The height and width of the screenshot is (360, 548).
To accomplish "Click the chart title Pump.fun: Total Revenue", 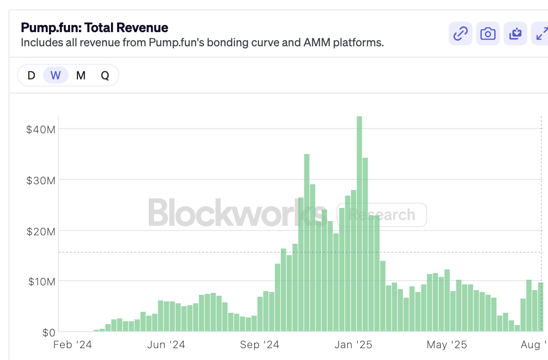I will [94, 28].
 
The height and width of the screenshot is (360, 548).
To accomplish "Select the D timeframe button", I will [31, 76].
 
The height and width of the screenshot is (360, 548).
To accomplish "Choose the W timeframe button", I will [56, 76].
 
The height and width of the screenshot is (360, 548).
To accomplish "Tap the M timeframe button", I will [81, 76].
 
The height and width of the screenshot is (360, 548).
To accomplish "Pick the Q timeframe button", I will [105, 76].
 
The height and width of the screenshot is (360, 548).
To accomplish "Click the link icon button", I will [460, 34].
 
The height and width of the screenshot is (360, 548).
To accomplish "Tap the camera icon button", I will [488, 34].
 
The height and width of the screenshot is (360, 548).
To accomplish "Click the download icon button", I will [515, 34].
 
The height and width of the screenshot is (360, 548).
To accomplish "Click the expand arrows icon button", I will [540, 34].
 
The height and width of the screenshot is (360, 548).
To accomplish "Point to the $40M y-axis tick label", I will [41, 129].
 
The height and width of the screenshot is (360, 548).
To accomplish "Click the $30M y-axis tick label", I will [41, 180].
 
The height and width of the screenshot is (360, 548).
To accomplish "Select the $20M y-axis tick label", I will [41, 231].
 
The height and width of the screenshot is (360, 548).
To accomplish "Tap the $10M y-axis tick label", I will [41, 282].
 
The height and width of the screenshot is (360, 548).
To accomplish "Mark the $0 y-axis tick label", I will [48, 333].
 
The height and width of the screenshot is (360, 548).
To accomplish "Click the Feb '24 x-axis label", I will [72, 345].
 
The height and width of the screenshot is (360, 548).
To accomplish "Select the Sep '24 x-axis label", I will [259, 345].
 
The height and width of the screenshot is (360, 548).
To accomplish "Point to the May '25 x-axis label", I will [446, 345].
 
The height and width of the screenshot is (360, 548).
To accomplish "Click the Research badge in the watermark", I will [382, 215].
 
